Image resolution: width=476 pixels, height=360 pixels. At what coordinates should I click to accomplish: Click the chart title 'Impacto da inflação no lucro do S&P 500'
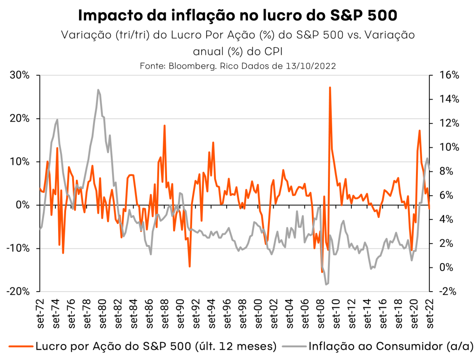coord(238,15)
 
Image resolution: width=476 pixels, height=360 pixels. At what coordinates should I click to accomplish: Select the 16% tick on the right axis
coord(449,75)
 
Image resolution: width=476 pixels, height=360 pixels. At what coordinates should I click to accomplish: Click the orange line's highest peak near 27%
coord(329,87)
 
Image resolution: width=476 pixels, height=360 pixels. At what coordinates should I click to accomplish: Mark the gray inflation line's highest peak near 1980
coord(98,90)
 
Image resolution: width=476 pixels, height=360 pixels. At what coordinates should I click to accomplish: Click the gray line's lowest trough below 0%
coord(326,284)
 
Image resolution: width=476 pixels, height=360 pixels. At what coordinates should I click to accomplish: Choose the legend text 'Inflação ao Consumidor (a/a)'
coord(391,346)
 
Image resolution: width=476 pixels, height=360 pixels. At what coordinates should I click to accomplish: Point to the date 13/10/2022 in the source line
coord(312,66)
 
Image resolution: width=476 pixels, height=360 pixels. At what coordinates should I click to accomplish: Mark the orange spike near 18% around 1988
coord(165,126)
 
